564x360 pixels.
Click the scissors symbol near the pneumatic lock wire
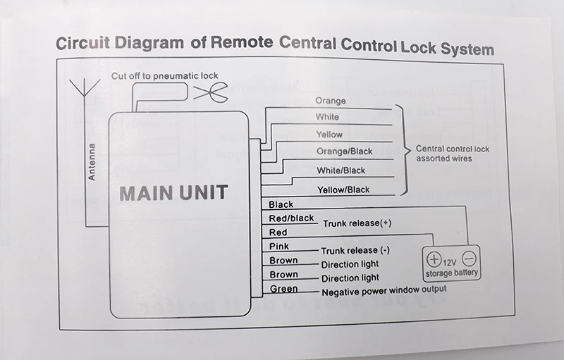tap(210, 92)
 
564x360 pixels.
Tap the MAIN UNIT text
tap(173, 192)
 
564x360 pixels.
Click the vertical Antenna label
tap(92, 161)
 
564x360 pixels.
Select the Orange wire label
tap(331, 101)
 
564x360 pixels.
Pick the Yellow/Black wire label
tap(343, 190)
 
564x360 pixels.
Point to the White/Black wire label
tap(341, 170)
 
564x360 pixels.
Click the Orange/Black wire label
tap(344, 151)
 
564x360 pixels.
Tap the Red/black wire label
tap(291, 218)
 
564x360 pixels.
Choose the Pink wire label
tap(279, 246)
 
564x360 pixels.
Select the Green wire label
tap(284, 289)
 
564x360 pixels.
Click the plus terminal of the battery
tap(434, 259)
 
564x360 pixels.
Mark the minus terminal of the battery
tap(469, 259)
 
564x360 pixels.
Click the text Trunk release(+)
tap(357, 223)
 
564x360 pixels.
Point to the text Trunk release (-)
tap(355, 250)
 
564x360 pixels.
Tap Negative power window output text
tap(384, 291)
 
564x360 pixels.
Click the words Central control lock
tap(453, 149)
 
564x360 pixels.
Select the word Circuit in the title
tap(82, 43)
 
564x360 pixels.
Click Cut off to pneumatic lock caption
tap(165, 76)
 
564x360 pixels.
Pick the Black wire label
tap(281, 204)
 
